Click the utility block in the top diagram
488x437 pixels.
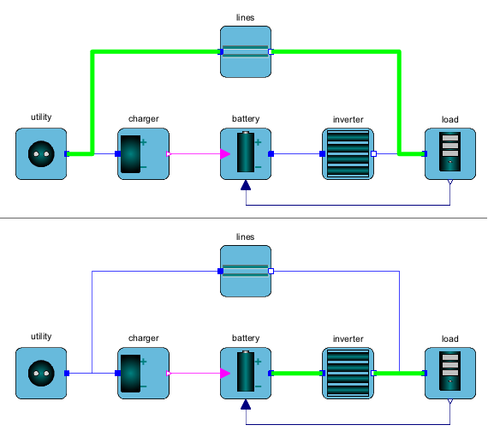[41, 153]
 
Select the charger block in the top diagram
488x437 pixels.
[143, 153]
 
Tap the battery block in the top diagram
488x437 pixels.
[246, 153]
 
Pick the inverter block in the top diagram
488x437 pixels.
[348, 153]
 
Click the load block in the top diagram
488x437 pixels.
[450, 153]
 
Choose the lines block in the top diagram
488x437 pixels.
[246, 51]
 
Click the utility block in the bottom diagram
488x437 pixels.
[41, 373]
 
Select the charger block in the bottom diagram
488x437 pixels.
[143, 373]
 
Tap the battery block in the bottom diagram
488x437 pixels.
[246, 373]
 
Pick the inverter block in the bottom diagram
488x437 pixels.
[348, 373]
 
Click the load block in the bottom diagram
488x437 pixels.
[450, 373]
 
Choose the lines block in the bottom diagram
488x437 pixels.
[246, 271]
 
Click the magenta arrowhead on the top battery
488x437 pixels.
[224, 154]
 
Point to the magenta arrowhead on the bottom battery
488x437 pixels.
[224, 373]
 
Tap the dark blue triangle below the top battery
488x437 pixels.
[246, 185]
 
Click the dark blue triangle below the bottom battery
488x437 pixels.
[246, 404]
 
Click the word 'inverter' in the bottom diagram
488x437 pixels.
[348, 338]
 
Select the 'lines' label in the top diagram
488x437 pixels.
[245, 17]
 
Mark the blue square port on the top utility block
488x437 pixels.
[67, 154]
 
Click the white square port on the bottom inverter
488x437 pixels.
[374, 373]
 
